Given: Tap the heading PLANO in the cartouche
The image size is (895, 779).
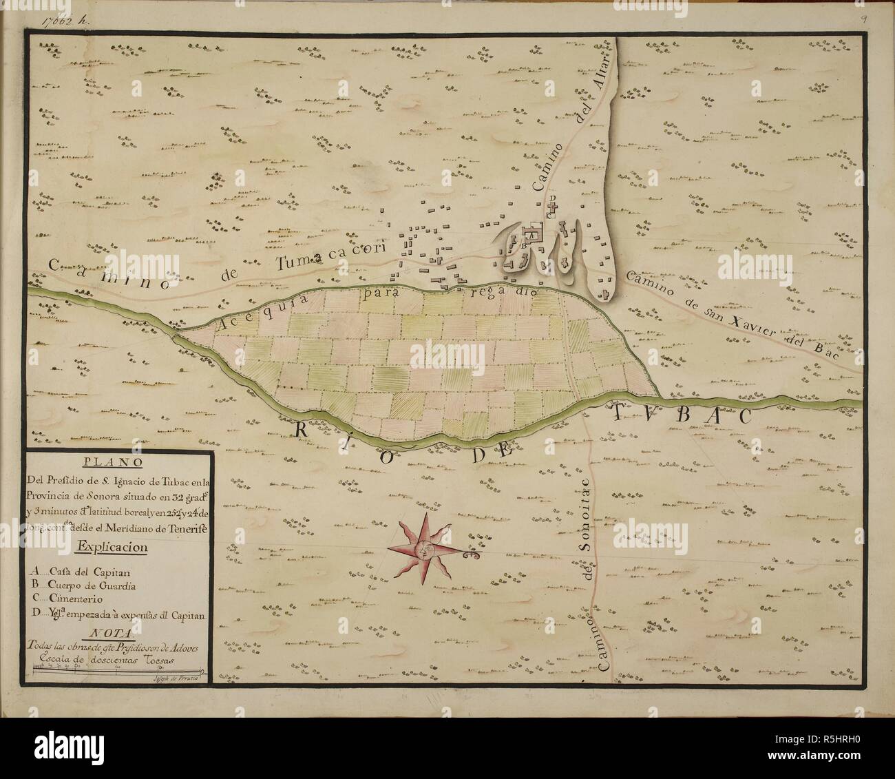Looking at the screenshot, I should pos(120,463).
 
